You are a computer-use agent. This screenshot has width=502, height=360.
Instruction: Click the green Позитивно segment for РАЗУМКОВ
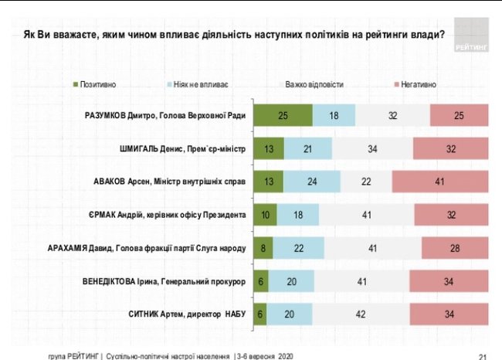click(283, 115)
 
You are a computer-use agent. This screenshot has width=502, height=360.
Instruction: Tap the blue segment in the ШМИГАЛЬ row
click(308, 148)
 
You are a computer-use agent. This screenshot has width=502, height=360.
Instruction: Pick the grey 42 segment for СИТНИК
click(361, 314)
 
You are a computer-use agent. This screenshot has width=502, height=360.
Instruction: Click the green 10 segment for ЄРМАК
click(266, 215)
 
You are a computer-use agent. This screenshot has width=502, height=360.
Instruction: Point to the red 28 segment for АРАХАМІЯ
click(455, 248)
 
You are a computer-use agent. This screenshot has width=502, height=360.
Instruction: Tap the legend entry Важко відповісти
click(314, 83)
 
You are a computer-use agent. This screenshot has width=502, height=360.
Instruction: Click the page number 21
click(483, 356)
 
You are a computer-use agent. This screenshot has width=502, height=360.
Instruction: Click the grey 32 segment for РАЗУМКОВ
click(392, 115)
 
